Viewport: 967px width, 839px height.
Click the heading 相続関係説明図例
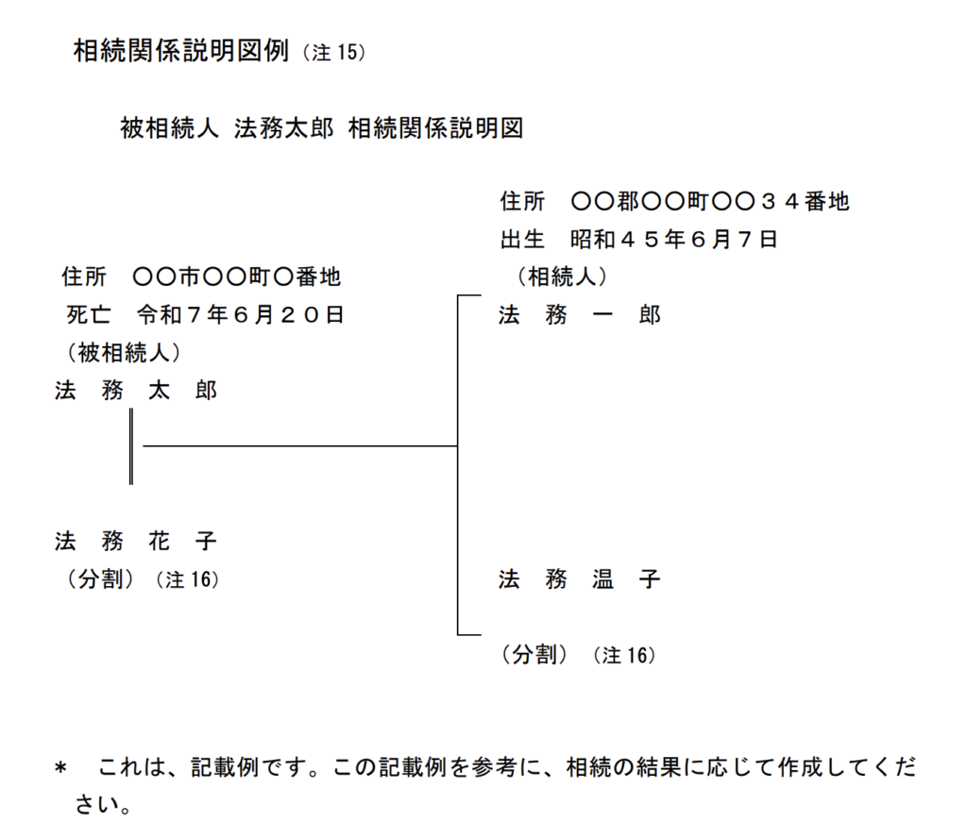pos(180,52)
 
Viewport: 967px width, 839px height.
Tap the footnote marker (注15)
pos(333,53)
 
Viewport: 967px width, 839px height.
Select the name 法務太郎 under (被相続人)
pos(136,391)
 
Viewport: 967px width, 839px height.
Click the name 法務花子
pos(136,542)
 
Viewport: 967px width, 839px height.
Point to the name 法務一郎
pos(579,315)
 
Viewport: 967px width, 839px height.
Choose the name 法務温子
pos(579,579)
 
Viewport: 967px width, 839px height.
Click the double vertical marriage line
pos(130,446)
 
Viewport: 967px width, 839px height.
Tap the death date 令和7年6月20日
pos(241,315)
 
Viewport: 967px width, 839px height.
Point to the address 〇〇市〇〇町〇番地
pos(237,277)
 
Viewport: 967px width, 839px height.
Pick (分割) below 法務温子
pos(534,655)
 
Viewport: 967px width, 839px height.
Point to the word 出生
pos(522,240)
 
